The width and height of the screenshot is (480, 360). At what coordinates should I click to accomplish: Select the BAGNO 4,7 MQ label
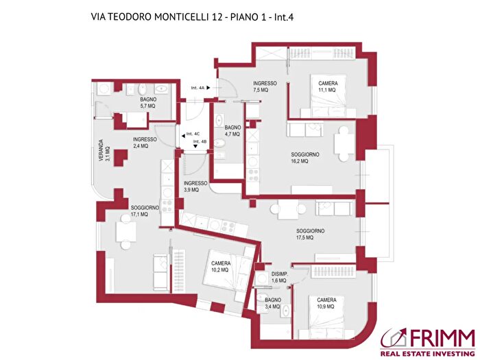point(232,130)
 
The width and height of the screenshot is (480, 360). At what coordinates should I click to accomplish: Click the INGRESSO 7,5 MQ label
point(265,86)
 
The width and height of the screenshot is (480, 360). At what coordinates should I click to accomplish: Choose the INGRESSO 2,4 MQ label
point(145,142)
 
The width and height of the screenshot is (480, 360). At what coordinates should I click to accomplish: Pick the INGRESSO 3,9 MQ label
point(195,187)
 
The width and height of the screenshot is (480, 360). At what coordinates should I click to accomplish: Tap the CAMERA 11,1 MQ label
point(327,86)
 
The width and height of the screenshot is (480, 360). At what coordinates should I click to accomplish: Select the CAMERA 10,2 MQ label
point(221,267)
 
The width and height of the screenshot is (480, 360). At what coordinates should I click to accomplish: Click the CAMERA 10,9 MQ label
point(326,302)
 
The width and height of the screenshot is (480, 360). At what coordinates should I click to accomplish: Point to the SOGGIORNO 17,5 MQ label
point(310,235)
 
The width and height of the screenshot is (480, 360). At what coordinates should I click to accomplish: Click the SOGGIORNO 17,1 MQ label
point(145,211)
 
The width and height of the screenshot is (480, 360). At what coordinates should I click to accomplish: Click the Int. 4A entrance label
point(198,87)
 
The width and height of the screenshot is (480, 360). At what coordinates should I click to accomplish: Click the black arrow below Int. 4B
point(195,147)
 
